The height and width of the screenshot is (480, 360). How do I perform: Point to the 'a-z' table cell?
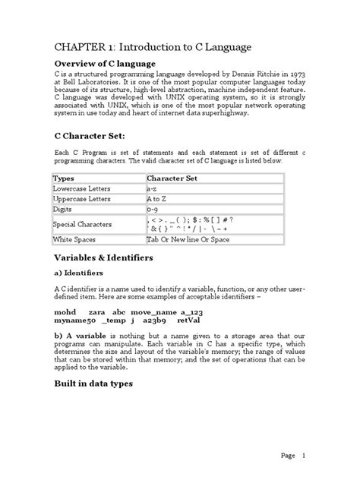click(x=152, y=188)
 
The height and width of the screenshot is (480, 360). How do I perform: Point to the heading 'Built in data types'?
click(x=93, y=384)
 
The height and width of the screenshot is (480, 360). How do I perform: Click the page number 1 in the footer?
click(x=303, y=456)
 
